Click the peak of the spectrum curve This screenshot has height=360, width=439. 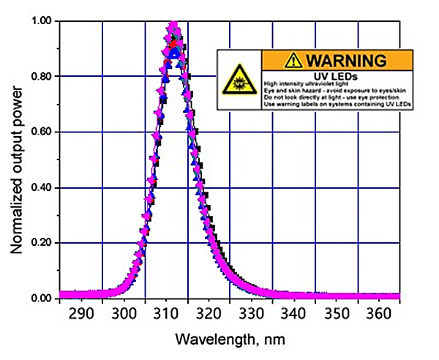[x=173, y=26]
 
